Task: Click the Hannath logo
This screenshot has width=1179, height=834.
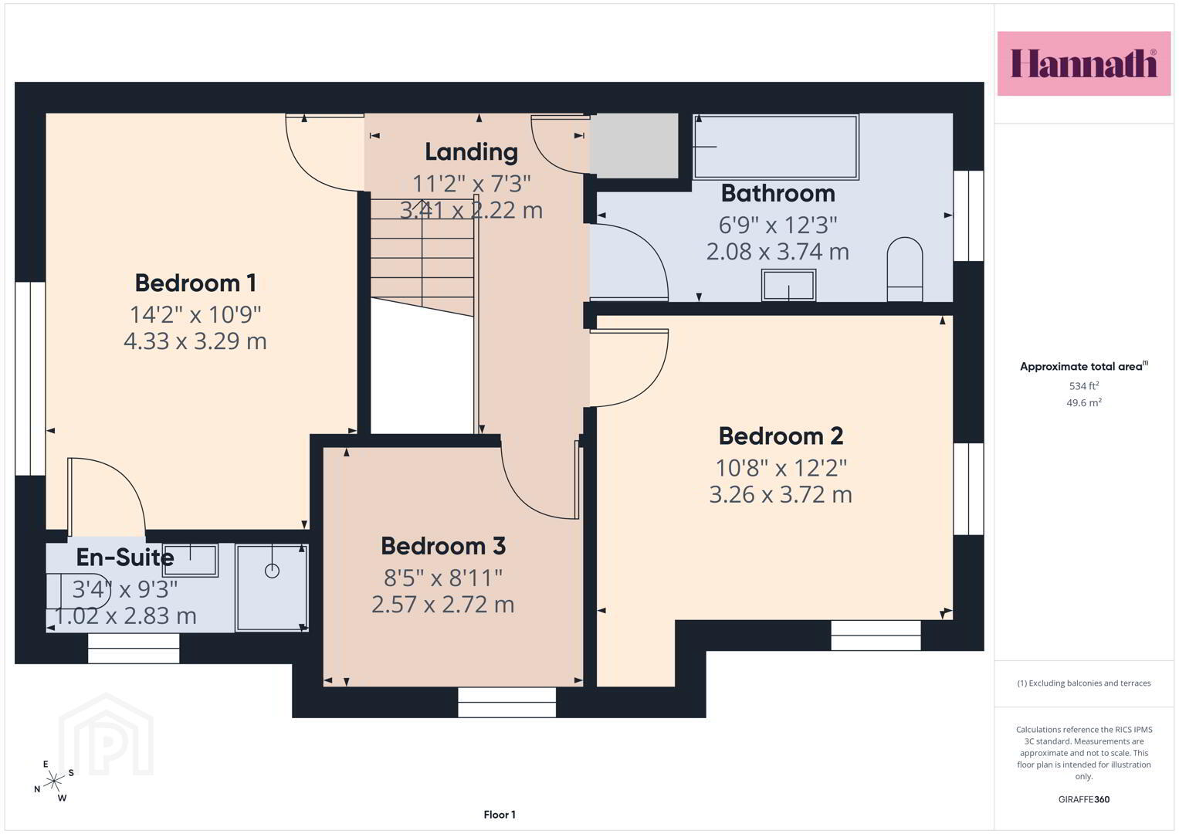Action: (1084, 63)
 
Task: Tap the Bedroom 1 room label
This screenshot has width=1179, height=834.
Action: (196, 283)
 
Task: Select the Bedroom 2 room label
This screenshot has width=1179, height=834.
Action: (781, 436)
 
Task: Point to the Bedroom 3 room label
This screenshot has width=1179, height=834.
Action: (443, 546)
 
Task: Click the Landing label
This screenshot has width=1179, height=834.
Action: (472, 153)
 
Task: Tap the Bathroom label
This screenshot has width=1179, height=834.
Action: (778, 193)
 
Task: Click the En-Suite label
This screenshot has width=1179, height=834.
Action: (125, 557)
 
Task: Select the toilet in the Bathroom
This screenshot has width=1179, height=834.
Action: (905, 269)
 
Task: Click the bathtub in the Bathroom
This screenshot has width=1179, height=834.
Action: (776, 147)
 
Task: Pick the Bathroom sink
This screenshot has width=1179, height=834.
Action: (788, 285)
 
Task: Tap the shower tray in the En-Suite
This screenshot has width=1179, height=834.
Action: (272, 587)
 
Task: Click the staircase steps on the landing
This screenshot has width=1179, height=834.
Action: (422, 257)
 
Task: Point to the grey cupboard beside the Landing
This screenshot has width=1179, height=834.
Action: (633, 146)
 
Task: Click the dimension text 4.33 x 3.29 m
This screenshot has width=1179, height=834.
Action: (195, 341)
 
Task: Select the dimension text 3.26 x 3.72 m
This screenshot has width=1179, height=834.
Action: (781, 494)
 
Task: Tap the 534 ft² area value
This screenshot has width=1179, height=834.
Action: (1084, 386)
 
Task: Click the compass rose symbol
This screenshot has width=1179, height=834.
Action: (54, 781)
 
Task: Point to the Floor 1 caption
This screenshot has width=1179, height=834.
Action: (500, 815)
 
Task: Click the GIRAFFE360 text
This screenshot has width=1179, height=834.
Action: (1084, 799)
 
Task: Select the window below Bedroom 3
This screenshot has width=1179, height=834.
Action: (506, 702)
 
